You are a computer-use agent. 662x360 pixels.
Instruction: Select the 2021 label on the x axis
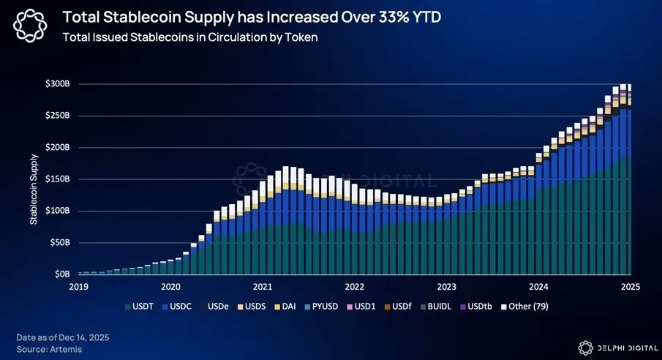(263, 286)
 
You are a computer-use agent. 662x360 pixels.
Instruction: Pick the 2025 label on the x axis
(630, 286)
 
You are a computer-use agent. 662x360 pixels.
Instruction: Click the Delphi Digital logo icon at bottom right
(584, 347)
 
